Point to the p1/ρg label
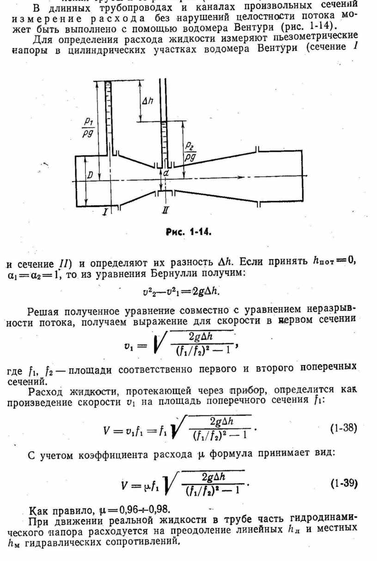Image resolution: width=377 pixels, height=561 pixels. [x=88, y=127]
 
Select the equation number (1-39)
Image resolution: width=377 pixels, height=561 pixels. [x=344, y=484]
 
